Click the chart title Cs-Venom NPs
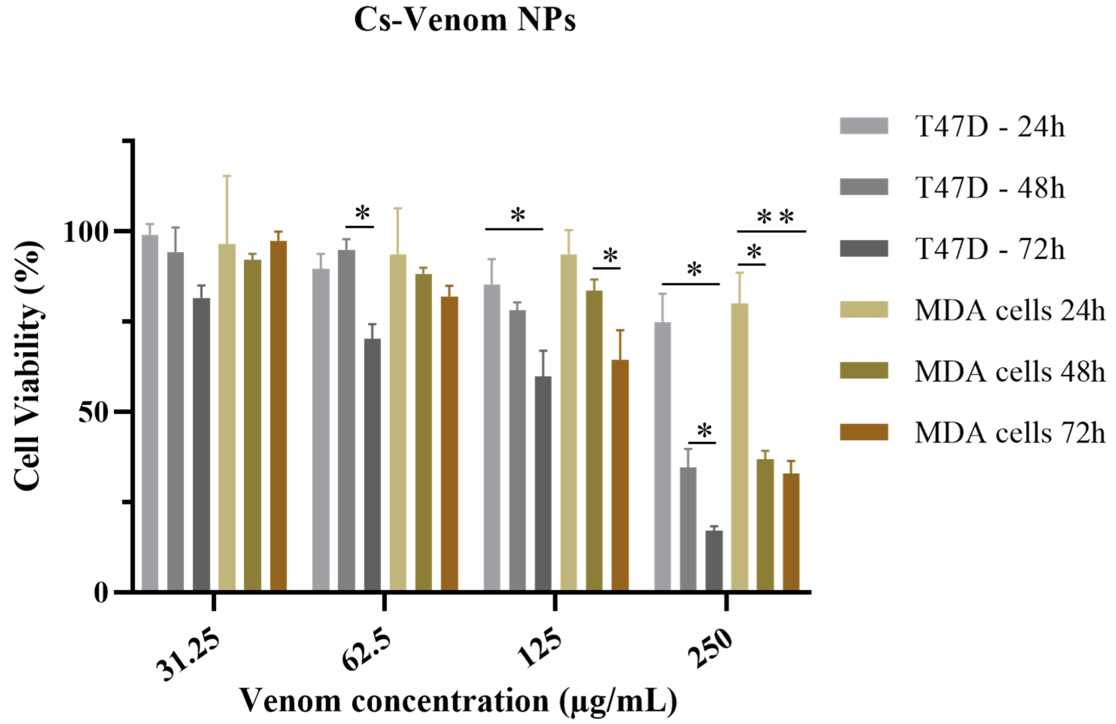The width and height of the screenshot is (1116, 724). pyautogui.click(x=465, y=21)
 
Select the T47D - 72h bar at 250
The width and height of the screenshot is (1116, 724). pyautogui.click(x=714, y=560)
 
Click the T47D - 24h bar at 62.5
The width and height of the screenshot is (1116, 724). pyautogui.click(x=321, y=429)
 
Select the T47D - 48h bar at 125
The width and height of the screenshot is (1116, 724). pyautogui.click(x=517, y=450)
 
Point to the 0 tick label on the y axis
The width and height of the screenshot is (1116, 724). pyautogui.click(x=101, y=593)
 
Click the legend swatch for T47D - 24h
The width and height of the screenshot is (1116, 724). pyautogui.click(x=864, y=126)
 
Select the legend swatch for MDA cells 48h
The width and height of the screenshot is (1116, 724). pyautogui.click(x=864, y=370)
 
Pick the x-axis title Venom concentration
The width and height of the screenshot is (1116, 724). pyautogui.click(x=459, y=701)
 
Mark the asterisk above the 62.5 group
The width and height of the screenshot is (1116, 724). pyautogui.click(x=362, y=213)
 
